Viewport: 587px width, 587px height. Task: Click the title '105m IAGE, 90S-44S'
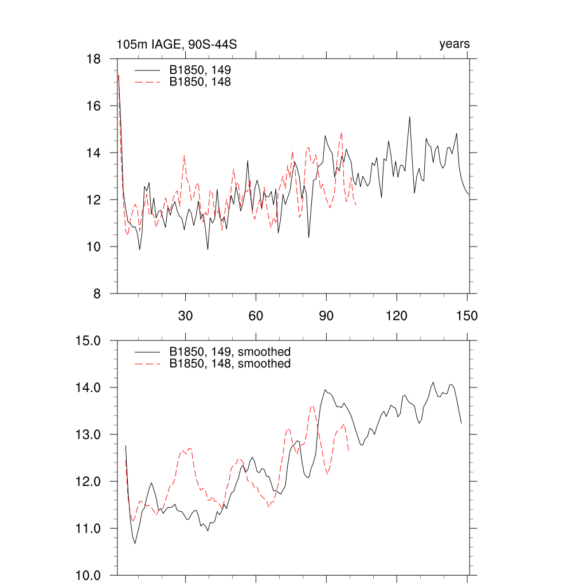177,44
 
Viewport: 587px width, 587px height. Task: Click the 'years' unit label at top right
455,44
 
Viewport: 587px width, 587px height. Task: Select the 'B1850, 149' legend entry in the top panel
200,70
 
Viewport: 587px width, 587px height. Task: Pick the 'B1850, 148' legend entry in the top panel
200,82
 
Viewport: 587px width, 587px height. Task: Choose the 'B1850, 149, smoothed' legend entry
229,351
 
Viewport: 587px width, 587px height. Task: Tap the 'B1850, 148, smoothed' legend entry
229,363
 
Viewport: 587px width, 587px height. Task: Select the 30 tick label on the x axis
185,316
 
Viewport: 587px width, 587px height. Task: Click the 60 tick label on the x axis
256,316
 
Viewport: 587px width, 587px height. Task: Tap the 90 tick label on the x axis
326,316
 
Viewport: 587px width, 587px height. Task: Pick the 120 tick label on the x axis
396,316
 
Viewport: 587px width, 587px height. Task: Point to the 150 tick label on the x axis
467,316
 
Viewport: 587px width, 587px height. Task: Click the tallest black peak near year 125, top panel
410,117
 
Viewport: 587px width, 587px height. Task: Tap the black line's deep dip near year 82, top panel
309,237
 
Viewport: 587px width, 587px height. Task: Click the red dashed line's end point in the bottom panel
349,450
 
